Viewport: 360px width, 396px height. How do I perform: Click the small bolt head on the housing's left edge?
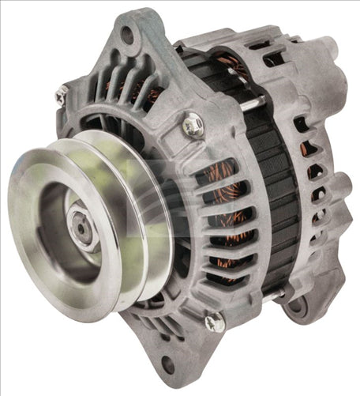[x=60, y=95]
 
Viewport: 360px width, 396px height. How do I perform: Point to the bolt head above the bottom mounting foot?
[x=213, y=322]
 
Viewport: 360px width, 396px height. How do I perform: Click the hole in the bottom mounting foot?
[x=167, y=366]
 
